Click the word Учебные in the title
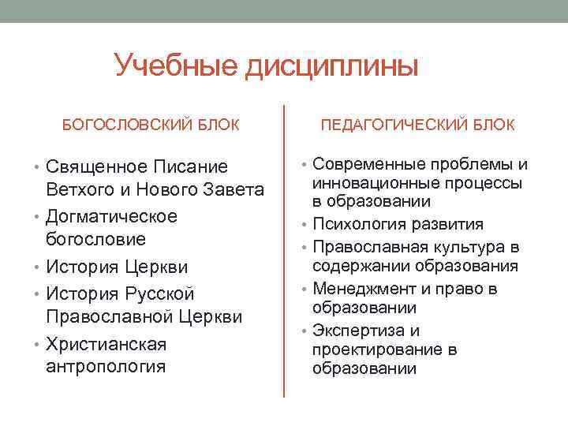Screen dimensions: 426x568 [x=174, y=66]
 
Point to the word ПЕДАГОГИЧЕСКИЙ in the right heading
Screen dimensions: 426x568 [x=392, y=125]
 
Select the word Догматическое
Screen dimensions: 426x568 [x=111, y=216]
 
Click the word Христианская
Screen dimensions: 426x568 [x=106, y=345]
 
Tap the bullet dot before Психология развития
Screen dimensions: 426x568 [x=305, y=226]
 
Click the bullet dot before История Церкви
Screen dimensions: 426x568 [x=39, y=268]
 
